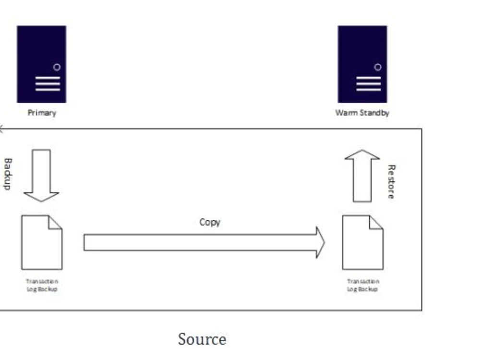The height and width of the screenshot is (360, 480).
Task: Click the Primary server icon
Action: tap(41, 64)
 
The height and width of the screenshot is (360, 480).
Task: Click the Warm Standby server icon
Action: tap(362, 64)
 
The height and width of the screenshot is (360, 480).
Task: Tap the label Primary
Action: tap(42, 113)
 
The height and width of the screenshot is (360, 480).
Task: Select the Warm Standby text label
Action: tap(362, 113)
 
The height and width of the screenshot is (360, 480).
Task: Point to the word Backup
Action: tap(7, 174)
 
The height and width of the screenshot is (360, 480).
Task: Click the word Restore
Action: tap(391, 181)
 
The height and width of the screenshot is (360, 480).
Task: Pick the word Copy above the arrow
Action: tap(210, 222)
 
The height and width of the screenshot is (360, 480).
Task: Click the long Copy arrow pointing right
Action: tap(202, 242)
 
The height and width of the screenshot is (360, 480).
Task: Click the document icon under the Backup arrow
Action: tap(42, 242)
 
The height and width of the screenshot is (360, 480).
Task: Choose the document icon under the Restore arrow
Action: tap(362, 242)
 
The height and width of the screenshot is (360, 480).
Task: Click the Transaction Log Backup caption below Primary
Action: tap(42, 285)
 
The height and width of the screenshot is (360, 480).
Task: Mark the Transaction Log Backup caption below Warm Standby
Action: tap(362, 285)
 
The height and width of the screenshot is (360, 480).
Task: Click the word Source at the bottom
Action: tap(202, 339)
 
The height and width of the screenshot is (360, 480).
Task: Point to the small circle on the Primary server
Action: tap(57, 67)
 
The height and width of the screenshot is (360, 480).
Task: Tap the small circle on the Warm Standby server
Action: tap(377, 67)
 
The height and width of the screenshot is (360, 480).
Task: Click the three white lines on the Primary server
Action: tap(48, 84)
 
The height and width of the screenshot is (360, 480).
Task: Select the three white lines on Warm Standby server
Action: tap(368, 84)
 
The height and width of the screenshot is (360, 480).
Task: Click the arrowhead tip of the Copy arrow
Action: tap(323, 242)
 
